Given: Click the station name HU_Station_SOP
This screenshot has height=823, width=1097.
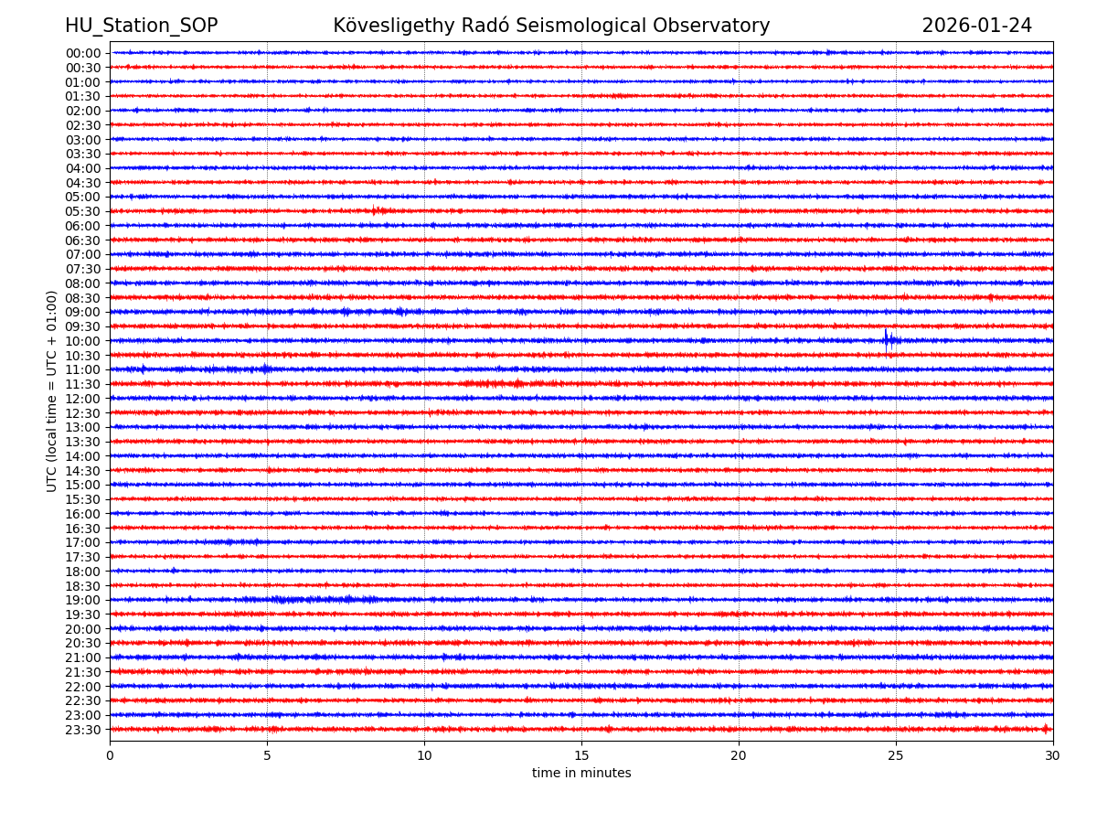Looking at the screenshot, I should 141,26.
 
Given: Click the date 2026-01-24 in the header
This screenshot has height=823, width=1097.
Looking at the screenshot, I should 976,26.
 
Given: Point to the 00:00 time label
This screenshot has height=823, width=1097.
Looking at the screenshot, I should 83,53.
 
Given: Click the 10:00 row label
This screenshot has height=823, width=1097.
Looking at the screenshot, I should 83,341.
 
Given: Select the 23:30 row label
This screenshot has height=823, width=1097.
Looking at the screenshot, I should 83,730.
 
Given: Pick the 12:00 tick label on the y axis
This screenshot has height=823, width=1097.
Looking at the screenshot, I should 83,399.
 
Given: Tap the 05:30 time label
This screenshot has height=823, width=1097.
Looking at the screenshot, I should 83,211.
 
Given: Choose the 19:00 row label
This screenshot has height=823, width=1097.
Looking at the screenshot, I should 83,600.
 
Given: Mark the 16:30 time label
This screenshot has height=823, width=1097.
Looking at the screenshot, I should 83,529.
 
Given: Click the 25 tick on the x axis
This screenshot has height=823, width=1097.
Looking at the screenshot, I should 896,755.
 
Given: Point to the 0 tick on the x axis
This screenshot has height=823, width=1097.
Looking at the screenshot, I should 110,755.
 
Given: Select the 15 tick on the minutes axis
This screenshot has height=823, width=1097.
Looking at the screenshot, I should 581,755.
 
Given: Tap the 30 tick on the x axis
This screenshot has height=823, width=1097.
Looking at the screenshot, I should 1053,755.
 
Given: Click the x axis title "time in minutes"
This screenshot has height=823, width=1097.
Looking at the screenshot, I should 581,774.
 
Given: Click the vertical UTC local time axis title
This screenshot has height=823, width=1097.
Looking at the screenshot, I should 52,390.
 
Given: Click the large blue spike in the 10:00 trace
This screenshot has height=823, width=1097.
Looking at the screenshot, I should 886,339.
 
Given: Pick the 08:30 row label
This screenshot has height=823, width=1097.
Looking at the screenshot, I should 83,298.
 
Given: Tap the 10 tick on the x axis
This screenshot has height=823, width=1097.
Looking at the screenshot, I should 424,755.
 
